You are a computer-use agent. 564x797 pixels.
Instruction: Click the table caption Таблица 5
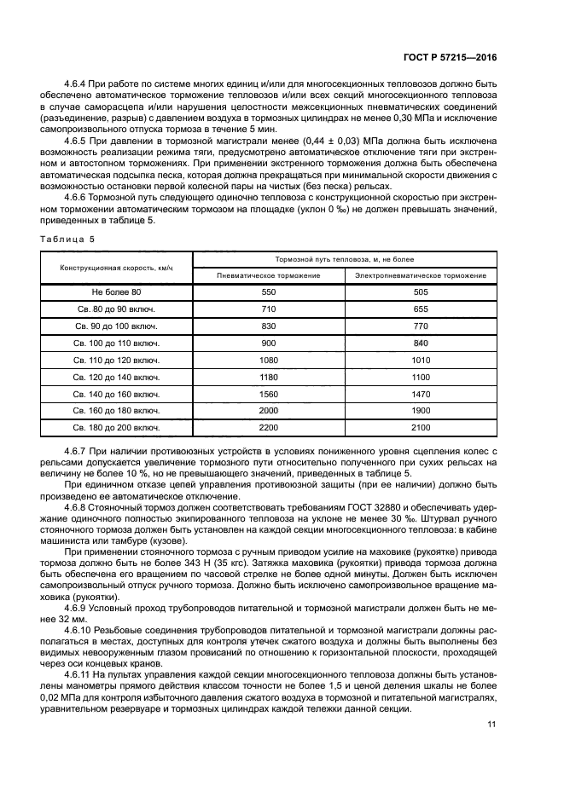pyautogui.click(x=70, y=240)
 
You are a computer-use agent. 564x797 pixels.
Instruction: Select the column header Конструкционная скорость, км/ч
pyautogui.click(x=116, y=268)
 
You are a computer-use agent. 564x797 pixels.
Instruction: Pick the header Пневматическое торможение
pyautogui.click(x=268, y=276)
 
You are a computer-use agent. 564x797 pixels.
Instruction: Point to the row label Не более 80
pyautogui.click(x=116, y=292)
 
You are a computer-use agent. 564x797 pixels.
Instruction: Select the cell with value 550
pyautogui.click(x=268, y=292)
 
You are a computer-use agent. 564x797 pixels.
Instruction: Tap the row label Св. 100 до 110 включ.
pyautogui.click(x=116, y=343)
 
